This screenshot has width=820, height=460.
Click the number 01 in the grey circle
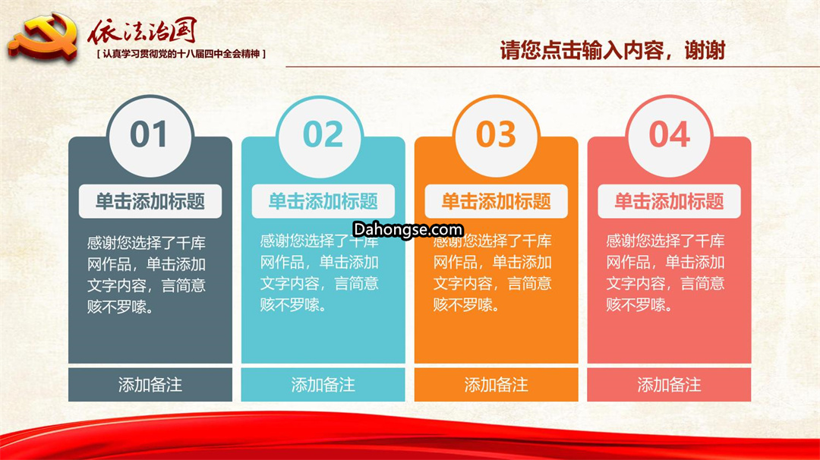[149, 134]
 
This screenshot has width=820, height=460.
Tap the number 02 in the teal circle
[323, 134]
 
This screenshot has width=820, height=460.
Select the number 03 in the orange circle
[496, 134]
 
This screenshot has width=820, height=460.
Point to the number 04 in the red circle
[670, 134]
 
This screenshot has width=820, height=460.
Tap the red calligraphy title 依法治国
[142, 31]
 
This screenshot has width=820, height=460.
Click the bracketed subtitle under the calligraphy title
[181, 53]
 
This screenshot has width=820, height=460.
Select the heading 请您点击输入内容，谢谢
[613, 51]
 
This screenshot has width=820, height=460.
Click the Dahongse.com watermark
[408, 229]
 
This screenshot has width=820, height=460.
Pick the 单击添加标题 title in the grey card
[150, 201]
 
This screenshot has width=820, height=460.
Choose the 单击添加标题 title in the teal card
[323, 201]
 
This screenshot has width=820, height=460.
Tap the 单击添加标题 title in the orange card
[497, 201]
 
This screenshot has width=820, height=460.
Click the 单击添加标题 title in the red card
[670, 201]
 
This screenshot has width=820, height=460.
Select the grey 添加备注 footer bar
[150, 385]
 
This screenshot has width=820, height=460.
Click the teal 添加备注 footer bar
[323, 385]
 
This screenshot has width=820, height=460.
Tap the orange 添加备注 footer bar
[497, 385]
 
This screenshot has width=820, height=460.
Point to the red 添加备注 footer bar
[670, 385]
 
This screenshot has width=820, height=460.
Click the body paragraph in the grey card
[147, 275]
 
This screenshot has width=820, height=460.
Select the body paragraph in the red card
[665, 273]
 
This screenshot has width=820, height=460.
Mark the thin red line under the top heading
[553, 67]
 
